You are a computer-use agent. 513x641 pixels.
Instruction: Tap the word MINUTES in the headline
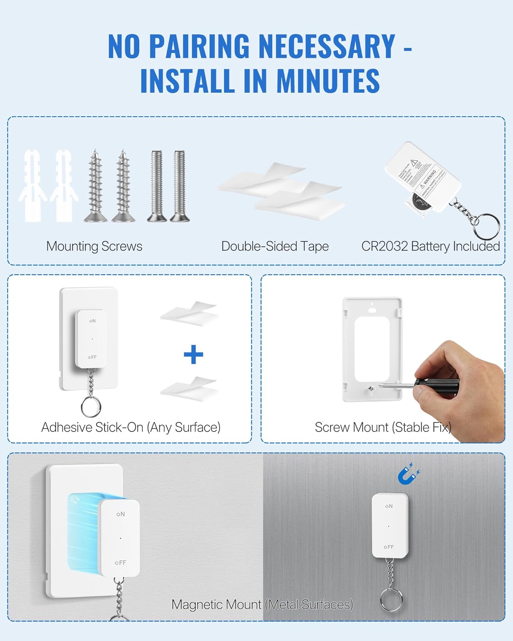328,80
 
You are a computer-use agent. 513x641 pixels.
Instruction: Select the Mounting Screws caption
94,246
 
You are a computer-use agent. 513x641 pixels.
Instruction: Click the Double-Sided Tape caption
275,246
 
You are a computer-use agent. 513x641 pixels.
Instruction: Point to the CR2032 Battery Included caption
430,246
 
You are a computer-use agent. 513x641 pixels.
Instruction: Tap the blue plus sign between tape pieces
193,355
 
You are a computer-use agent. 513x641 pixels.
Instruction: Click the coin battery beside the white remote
421,202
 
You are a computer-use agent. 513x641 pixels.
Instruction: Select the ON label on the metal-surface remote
389,506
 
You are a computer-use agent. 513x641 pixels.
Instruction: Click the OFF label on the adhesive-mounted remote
92,357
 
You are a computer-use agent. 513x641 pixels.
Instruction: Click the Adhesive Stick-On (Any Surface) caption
131,427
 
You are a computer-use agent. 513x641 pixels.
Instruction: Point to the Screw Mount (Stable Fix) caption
383,427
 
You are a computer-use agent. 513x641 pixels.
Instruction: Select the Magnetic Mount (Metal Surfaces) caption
262,605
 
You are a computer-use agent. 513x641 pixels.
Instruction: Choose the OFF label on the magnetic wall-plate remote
121,563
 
